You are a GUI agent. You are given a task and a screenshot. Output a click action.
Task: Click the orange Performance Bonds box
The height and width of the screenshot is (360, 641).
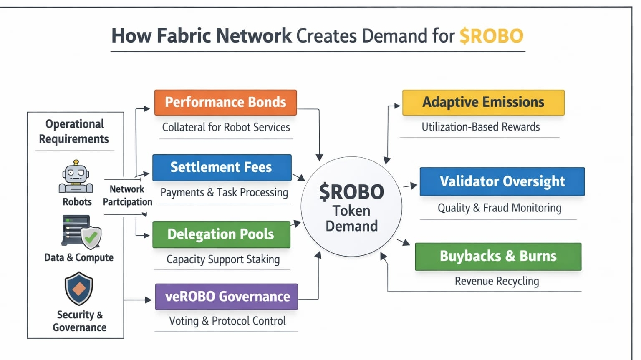click(x=225, y=102)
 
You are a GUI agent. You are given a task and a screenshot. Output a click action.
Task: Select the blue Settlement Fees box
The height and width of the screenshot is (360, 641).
click(x=222, y=167)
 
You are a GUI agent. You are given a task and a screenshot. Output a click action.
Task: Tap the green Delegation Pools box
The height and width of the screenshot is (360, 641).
click(x=221, y=234)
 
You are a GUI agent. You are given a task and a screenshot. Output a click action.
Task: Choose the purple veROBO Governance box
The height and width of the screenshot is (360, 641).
click(x=227, y=297)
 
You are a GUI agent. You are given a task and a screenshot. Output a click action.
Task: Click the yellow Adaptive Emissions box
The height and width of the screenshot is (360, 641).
click(x=483, y=102)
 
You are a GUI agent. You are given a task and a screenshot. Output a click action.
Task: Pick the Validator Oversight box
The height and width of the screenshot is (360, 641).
click(x=502, y=181)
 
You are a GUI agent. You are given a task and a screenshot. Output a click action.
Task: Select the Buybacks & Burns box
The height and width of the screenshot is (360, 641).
click(x=498, y=256)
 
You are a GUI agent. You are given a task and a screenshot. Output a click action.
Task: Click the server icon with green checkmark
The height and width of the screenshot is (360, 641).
click(x=81, y=232)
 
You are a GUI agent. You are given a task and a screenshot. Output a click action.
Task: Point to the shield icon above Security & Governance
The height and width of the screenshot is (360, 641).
click(x=79, y=289)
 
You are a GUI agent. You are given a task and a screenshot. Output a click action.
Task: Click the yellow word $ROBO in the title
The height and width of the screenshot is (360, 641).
click(x=491, y=36)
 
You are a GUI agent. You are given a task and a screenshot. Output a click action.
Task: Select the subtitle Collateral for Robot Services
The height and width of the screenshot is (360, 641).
click(x=226, y=127)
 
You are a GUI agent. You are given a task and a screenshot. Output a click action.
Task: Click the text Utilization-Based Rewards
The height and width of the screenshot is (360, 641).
click(x=480, y=127)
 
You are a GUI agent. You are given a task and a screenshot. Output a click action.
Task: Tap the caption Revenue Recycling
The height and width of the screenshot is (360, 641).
click(x=497, y=281)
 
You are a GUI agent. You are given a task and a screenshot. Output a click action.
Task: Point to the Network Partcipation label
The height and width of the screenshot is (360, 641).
click(x=127, y=196)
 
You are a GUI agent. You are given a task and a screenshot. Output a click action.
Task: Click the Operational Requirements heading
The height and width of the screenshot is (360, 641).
click(x=74, y=131)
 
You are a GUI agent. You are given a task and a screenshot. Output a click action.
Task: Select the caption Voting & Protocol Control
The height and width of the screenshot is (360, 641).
click(x=227, y=321)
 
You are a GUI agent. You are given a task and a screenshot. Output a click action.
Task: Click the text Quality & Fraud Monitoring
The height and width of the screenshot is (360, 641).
click(x=499, y=208)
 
